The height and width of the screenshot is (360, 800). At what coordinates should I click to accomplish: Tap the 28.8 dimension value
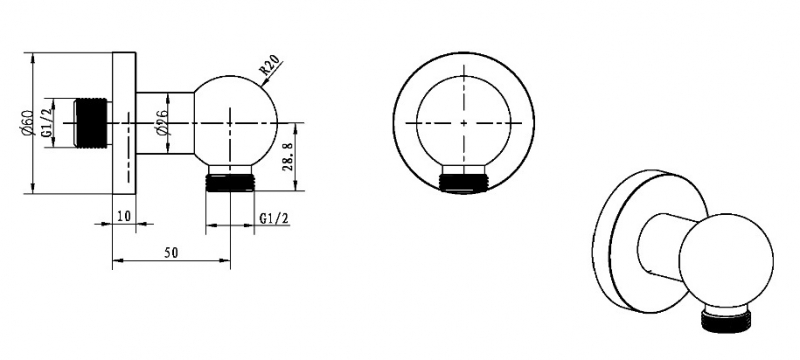(288, 157)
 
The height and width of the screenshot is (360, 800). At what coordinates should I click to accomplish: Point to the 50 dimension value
(171, 253)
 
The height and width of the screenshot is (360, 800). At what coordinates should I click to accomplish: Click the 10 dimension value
(124, 216)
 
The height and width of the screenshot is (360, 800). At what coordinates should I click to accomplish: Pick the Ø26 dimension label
(162, 123)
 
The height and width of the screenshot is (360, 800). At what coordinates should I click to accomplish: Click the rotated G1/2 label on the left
(47, 123)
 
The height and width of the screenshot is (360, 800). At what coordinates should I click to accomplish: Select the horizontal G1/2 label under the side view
(274, 219)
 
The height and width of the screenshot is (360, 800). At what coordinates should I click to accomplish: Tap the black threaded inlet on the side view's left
(91, 123)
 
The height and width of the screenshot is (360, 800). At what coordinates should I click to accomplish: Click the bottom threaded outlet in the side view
(230, 183)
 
